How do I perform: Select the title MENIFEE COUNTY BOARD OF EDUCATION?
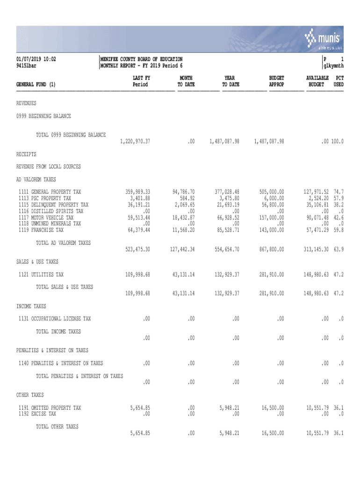pos(142,59)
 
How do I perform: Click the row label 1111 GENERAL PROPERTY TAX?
pos(50,192)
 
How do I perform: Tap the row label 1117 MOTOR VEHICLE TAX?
pos(46,218)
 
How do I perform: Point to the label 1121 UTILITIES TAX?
pos(41,275)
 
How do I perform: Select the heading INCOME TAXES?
pos(31,306)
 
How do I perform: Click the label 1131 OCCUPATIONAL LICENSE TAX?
pos(55,319)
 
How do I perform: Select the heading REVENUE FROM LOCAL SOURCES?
pos(49,167)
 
